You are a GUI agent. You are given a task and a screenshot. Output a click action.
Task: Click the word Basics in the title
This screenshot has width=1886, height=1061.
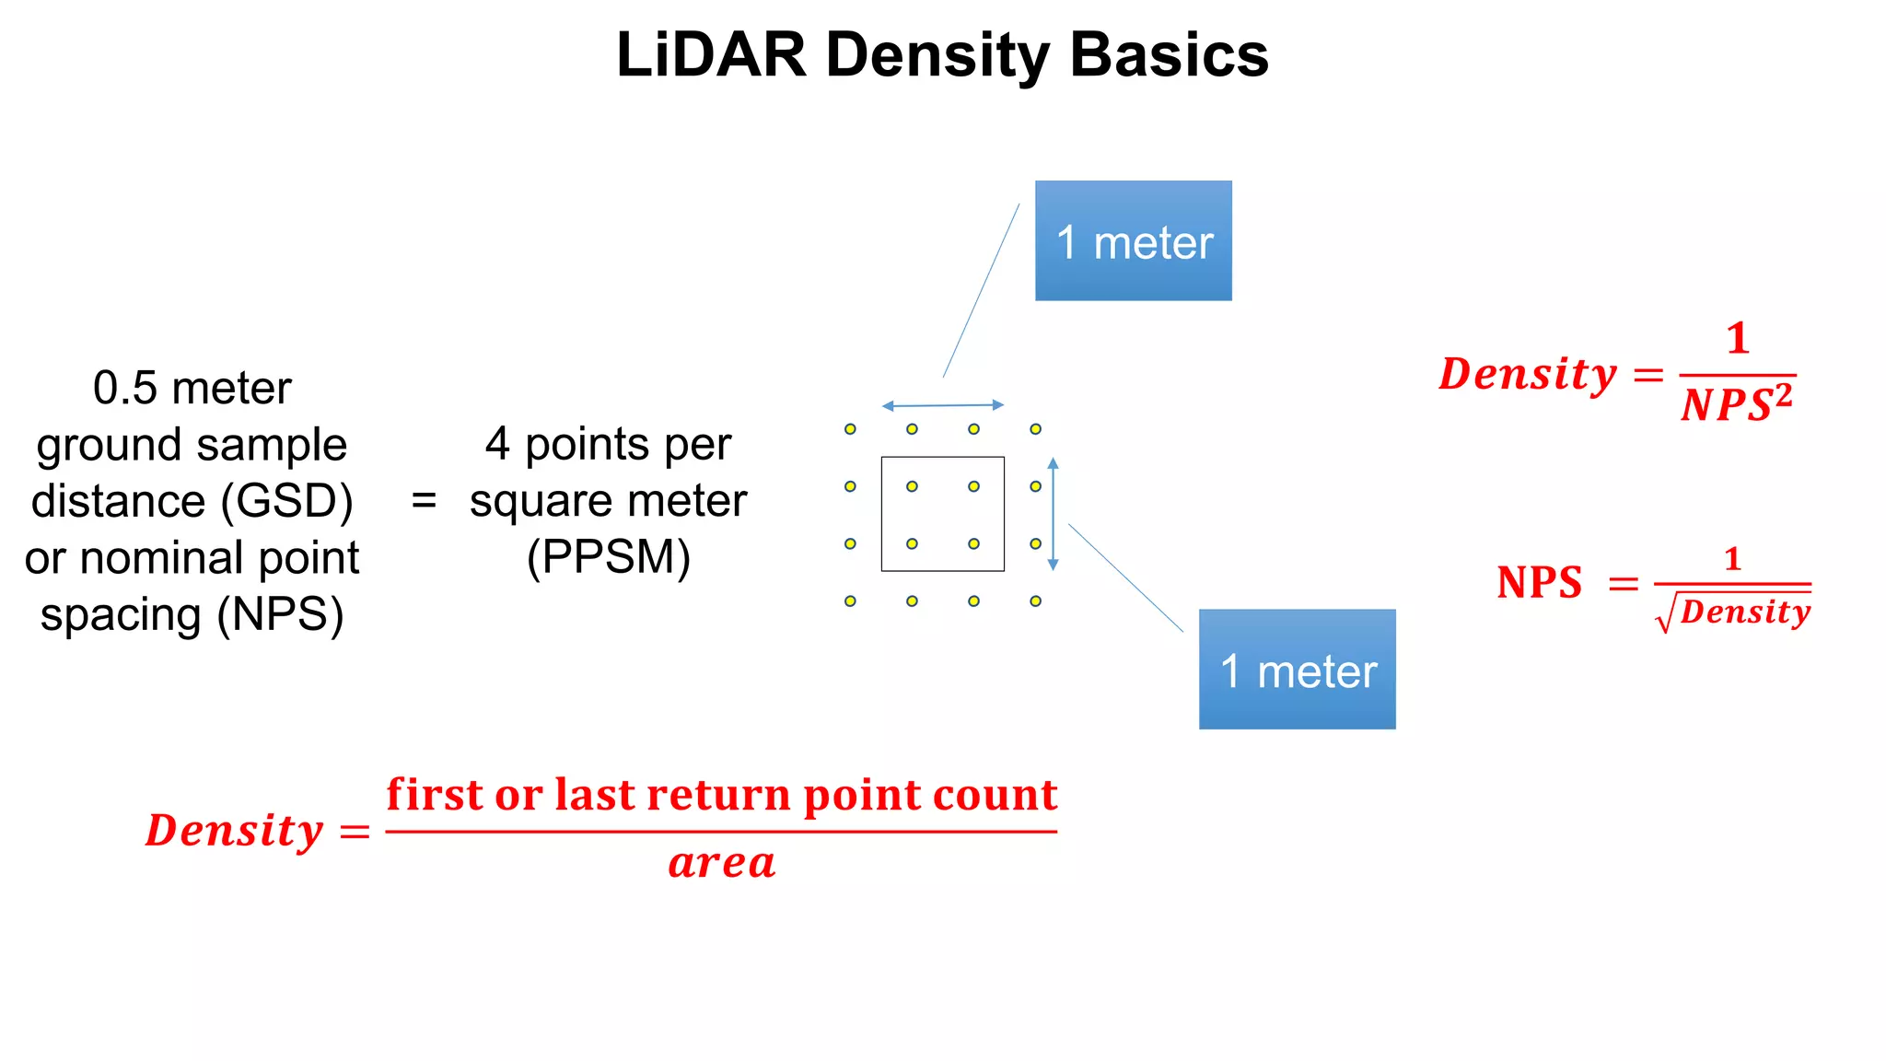[x=1169, y=55]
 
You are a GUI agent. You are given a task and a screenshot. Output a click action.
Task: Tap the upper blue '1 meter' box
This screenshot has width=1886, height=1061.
[x=1133, y=241]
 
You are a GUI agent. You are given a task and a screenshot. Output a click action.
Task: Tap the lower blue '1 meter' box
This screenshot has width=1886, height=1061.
[x=1297, y=670]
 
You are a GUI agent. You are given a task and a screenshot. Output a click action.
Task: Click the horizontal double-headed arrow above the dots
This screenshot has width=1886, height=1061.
[x=943, y=405]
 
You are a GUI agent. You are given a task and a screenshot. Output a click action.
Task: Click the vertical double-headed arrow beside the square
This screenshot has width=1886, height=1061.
[x=1054, y=514]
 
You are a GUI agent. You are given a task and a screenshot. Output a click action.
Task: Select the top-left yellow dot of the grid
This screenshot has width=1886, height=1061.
[x=850, y=429]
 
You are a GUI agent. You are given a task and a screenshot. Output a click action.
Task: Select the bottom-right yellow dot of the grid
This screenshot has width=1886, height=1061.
[x=1036, y=601]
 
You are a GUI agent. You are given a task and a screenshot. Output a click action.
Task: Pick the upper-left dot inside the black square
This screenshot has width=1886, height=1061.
[x=912, y=486]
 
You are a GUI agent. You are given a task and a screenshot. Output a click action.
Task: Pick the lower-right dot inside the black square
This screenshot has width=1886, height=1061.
[x=973, y=544]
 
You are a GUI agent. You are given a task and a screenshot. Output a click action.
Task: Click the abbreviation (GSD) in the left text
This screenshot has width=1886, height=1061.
[x=286, y=502]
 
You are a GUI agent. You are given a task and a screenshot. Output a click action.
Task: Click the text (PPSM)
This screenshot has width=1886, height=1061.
[x=609, y=558]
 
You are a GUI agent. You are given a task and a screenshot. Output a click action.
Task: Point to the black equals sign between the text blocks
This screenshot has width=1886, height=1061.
[x=424, y=502]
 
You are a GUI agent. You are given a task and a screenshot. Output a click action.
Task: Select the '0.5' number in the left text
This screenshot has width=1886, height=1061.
[x=125, y=389]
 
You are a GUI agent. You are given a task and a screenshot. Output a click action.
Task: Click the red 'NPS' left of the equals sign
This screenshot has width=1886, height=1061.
[x=1539, y=583]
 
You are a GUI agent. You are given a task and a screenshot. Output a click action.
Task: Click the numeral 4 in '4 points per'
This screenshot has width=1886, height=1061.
[x=497, y=445]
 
